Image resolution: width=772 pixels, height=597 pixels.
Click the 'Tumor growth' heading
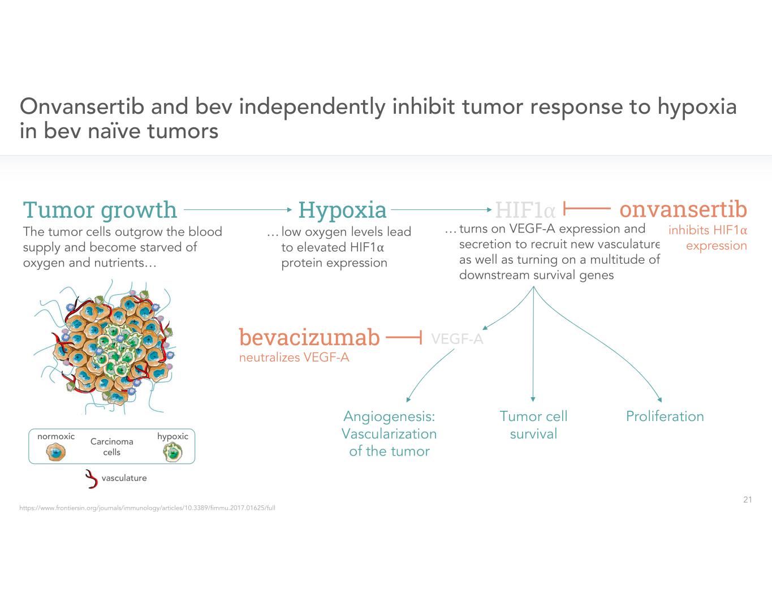100,210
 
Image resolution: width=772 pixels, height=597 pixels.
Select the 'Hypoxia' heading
342,210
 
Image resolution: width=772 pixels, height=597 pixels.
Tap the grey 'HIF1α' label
525,211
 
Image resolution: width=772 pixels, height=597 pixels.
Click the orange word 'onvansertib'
683,209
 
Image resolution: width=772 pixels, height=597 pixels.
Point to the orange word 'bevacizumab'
309,337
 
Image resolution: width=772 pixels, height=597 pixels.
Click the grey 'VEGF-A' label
457,339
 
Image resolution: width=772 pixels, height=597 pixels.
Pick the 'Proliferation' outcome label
665,416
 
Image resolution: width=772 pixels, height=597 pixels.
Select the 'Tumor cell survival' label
533,425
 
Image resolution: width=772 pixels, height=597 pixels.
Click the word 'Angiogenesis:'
389,416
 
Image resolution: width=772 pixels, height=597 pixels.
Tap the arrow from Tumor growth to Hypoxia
238,209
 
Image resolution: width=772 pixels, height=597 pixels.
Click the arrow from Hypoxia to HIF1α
441,209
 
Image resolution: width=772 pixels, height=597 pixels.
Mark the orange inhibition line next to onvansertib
586,209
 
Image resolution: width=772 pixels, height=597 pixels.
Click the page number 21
747,500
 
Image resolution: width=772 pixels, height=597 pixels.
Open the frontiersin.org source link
147,508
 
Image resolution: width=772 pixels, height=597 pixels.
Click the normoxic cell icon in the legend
55,452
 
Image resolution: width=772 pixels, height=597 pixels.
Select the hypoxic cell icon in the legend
172,452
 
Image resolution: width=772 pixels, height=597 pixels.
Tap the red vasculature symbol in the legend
91,479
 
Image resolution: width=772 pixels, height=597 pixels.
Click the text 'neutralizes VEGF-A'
294,358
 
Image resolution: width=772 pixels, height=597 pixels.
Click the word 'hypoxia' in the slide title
697,106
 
